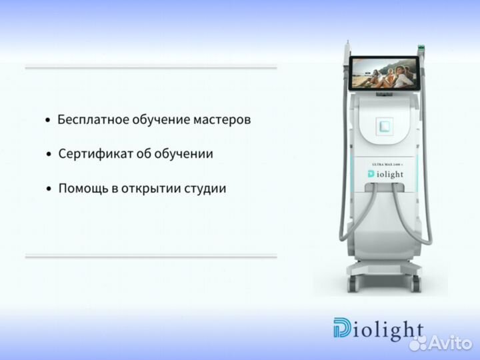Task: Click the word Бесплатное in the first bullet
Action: coord(90,120)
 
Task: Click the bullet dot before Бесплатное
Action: coord(47,121)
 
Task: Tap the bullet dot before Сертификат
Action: coord(48,155)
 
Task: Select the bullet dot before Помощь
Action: coord(48,190)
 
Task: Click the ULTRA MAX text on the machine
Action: coord(385,163)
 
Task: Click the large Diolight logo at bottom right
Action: coord(378,329)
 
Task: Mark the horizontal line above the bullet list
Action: coord(151,67)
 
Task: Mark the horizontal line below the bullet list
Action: coord(151,255)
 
